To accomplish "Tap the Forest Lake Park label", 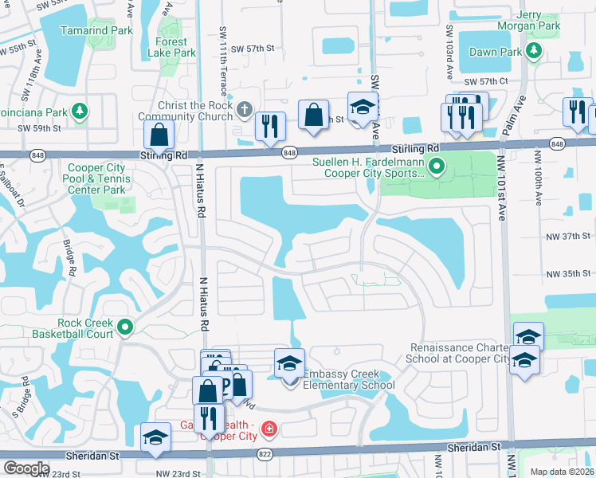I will point(171,47).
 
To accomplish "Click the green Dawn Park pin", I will point(533,52).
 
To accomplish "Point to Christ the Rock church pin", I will point(245,108).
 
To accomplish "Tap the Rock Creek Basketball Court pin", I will point(124,327).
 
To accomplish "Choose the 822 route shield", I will point(265,453).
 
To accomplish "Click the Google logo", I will point(26,468).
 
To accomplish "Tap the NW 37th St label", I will point(569,236).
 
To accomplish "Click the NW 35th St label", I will point(569,274).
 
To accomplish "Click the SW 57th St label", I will point(253,49).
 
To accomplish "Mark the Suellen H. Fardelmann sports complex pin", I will point(436,167).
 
